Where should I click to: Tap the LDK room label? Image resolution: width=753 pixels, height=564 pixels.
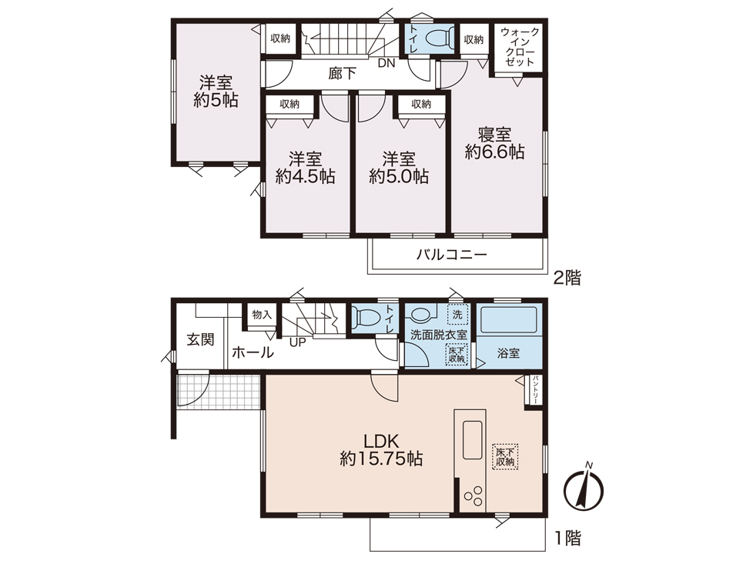tap(381, 449)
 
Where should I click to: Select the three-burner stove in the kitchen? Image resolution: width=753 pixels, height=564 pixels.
tap(473, 496)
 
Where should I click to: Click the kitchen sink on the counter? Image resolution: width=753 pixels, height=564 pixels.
tap(473, 439)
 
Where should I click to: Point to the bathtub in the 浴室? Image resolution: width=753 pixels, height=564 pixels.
tap(509, 319)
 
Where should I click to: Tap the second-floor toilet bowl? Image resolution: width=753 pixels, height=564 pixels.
tap(438, 36)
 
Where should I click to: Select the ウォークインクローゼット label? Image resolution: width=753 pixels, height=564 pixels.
tap(519, 47)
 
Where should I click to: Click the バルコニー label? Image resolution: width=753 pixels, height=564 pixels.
tap(451, 254)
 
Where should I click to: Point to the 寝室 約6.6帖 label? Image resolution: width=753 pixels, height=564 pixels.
tap(494, 142)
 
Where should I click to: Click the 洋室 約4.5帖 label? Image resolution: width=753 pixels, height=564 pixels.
tap(305, 168)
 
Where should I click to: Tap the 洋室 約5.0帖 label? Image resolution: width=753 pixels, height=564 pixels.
tap(399, 168)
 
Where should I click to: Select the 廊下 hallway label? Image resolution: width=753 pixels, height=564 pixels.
tap(343, 73)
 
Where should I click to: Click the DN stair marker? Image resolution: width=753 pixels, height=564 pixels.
tap(386, 62)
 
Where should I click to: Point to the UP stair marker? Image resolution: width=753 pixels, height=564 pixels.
tap(298, 342)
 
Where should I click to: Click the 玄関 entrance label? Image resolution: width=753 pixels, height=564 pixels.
tap(200, 339)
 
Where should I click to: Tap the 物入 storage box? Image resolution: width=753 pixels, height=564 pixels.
tap(262, 315)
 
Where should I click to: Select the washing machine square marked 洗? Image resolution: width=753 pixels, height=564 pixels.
tap(457, 315)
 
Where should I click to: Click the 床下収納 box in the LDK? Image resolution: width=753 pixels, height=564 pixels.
tap(505, 456)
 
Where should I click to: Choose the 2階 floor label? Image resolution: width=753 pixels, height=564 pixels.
tap(567, 278)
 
